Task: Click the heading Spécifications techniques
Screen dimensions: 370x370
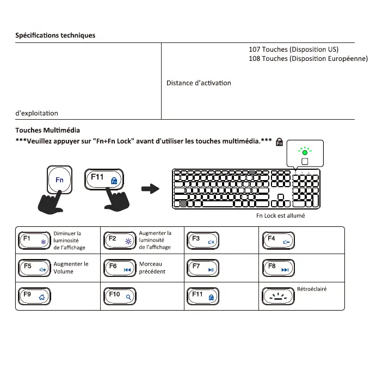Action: click(55, 35)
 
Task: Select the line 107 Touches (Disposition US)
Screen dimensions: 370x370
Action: click(293, 50)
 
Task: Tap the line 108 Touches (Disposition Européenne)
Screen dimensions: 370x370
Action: click(308, 59)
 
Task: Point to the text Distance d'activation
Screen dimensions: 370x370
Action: click(199, 83)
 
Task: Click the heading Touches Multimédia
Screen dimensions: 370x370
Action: click(47, 131)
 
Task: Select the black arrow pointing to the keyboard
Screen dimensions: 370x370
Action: click(150, 189)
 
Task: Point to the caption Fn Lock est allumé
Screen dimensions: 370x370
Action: click(280, 215)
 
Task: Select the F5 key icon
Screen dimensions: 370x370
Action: click(34, 268)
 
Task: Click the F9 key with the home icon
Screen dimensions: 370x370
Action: click(34, 296)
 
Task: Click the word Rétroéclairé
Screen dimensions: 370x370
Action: click(312, 289)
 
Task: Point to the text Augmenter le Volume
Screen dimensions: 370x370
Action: click(71, 268)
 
